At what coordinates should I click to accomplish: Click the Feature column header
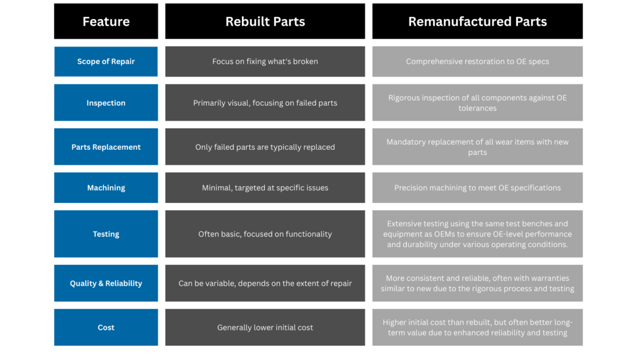[x=106, y=22]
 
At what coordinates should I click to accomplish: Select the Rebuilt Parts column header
[x=265, y=22]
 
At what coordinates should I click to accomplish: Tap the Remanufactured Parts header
[x=477, y=22]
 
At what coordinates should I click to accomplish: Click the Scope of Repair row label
[x=106, y=61]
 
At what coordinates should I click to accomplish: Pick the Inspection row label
[x=106, y=103]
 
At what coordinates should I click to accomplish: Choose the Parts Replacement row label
[x=106, y=146]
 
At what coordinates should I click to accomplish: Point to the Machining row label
[x=106, y=188]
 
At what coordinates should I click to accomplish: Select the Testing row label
[x=106, y=234]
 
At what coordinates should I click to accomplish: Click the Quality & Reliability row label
[x=106, y=283]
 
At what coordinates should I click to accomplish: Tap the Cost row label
[x=106, y=328]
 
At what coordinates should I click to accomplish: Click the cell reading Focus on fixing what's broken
[x=265, y=61]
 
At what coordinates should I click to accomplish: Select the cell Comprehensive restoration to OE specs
[x=477, y=61]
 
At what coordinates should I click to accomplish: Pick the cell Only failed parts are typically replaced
[x=265, y=146]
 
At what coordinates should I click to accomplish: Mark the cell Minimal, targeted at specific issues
[x=265, y=188]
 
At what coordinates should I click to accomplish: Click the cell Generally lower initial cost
[x=265, y=328]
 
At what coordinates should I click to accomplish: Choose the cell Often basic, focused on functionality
[x=265, y=234]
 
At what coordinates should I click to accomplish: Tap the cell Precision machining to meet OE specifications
[x=477, y=188]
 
